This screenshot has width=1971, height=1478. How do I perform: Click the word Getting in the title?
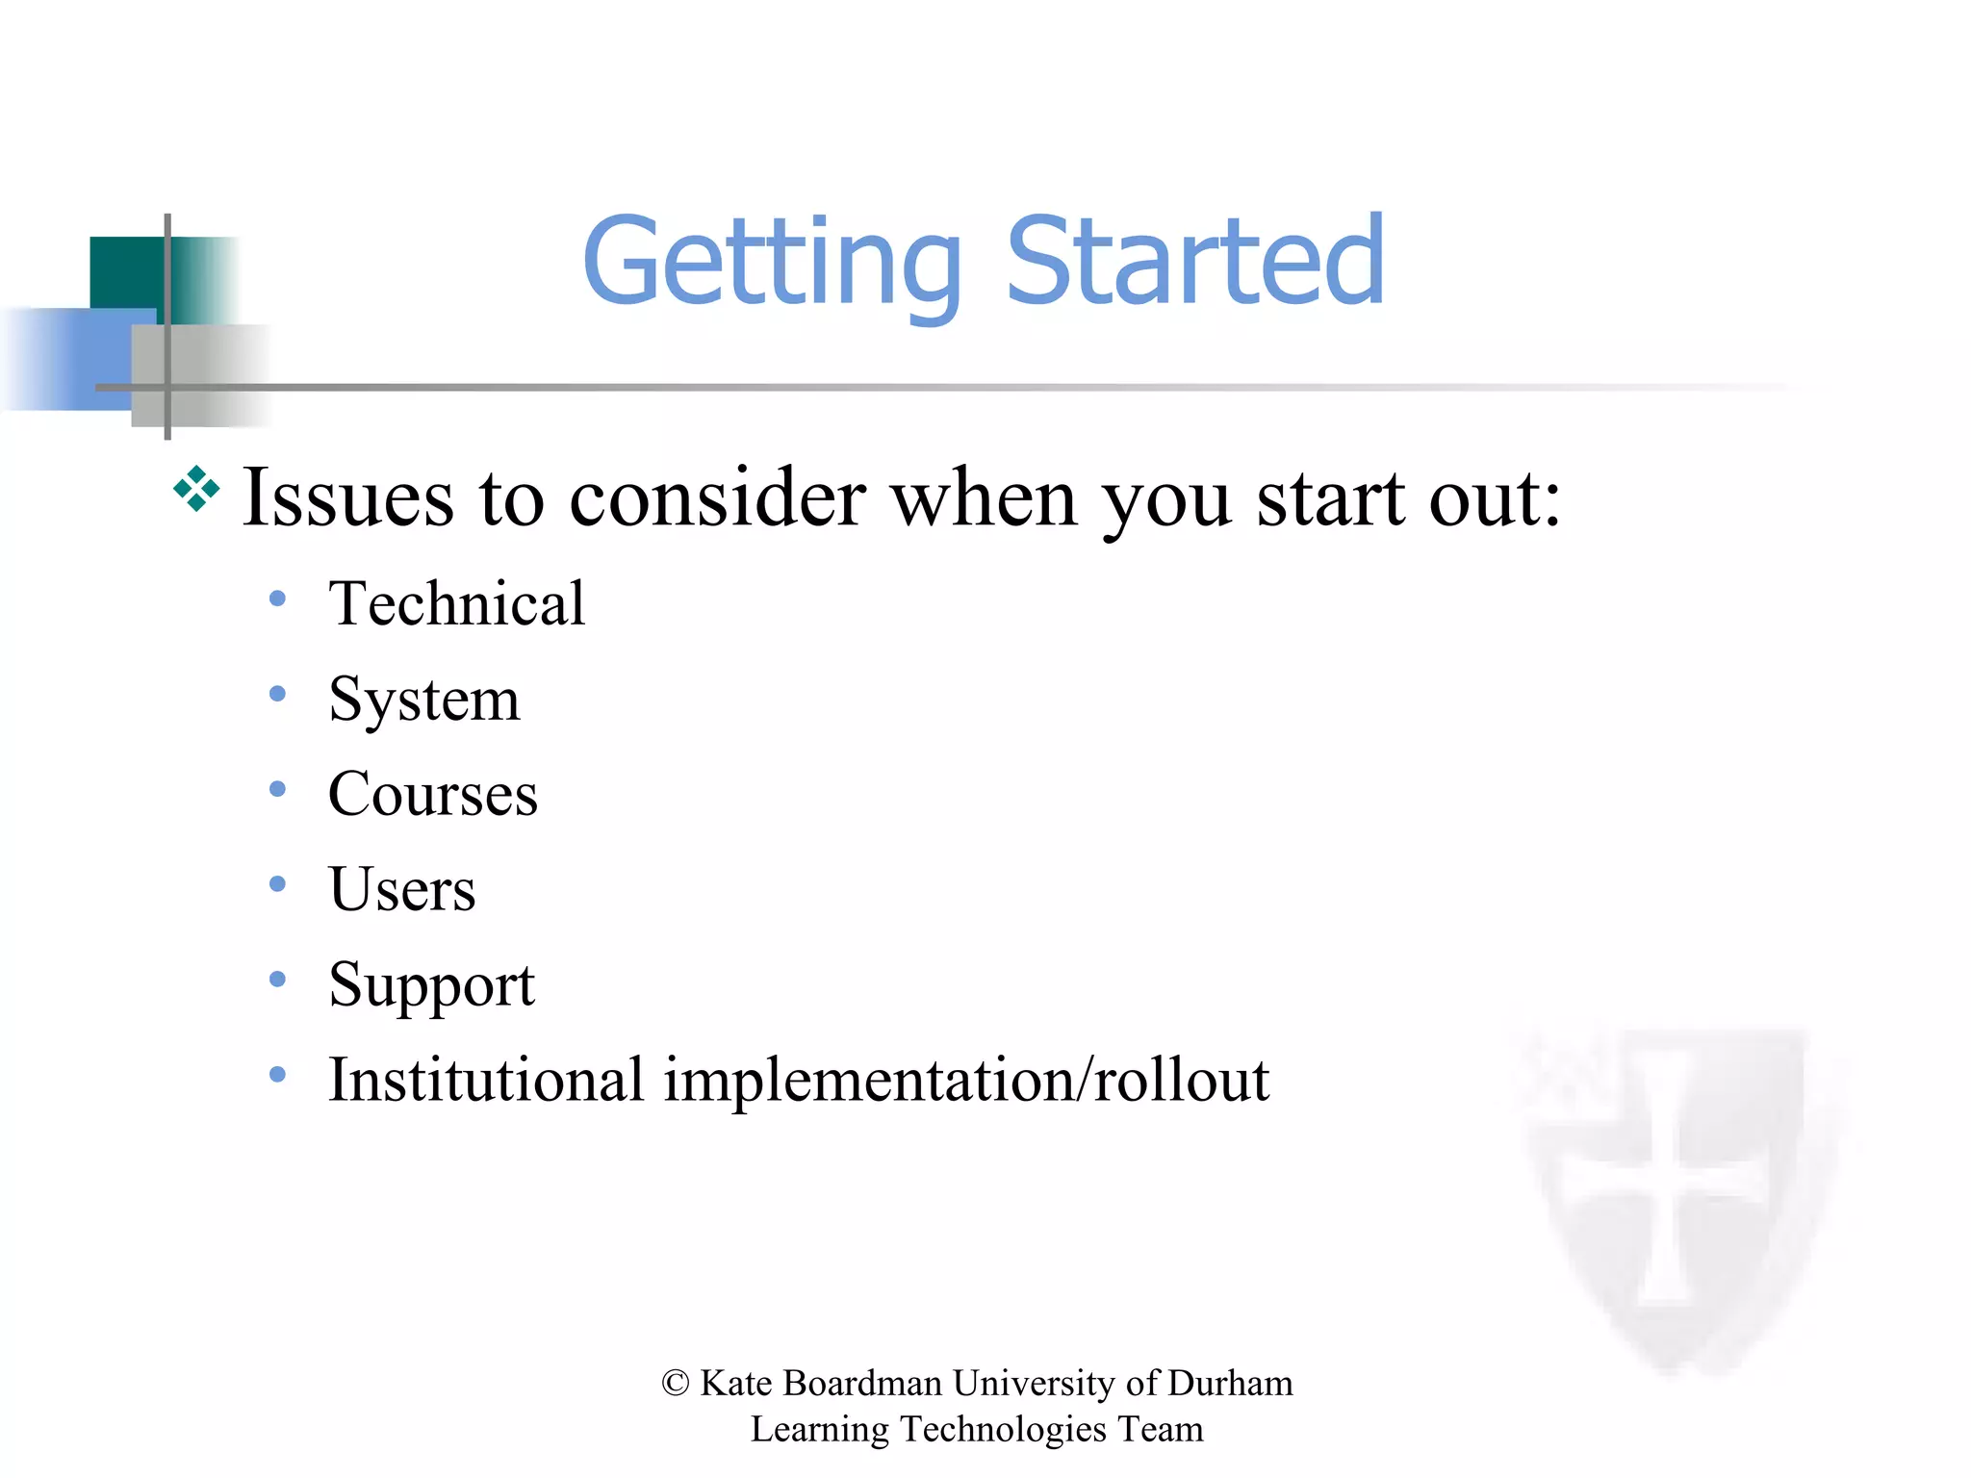772,262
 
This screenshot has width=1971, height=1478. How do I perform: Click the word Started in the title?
1194,260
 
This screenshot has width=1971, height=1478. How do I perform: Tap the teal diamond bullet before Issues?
196,489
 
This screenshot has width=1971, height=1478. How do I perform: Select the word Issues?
347,497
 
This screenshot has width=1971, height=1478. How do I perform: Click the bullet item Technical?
456,603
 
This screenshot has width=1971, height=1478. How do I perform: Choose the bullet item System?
423,700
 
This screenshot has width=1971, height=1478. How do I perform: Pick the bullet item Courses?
432,794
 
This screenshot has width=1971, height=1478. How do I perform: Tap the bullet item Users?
401,889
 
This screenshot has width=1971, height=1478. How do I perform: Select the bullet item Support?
431,985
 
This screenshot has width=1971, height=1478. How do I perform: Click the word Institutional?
486,1080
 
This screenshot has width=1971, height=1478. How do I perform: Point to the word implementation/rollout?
966,1080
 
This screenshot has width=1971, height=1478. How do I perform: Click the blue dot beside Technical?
278,599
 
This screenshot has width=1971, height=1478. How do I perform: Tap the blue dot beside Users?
278,884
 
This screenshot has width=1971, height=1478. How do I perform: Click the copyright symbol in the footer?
676,1384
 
